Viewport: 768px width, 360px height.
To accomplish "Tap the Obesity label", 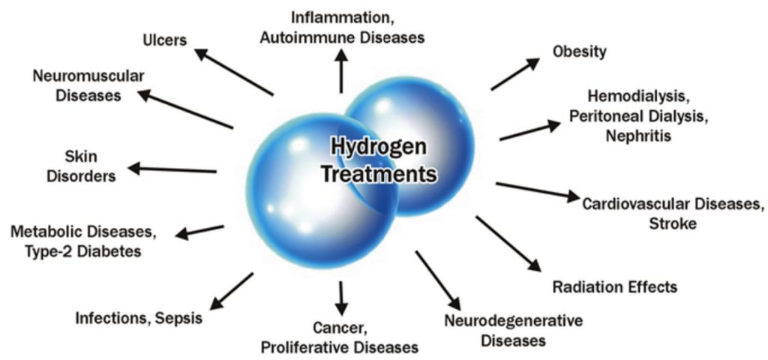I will [x=580, y=52].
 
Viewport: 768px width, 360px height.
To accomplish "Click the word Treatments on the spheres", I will [x=379, y=174].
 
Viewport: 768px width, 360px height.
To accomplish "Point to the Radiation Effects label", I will [x=615, y=287].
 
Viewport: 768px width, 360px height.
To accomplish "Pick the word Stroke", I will [x=673, y=223].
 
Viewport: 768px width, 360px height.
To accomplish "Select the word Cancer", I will [x=338, y=327].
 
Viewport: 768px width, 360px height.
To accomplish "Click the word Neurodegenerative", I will [x=514, y=321].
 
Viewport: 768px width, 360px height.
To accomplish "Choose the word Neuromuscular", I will [x=88, y=76].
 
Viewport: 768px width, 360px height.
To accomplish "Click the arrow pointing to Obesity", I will [x=515, y=74].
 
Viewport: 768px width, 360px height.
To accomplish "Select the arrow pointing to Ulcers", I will [x=233, y=73].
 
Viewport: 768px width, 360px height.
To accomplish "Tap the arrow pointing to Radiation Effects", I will [x=508, y=243].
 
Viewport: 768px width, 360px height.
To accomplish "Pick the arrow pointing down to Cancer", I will [x=341, y=296].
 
